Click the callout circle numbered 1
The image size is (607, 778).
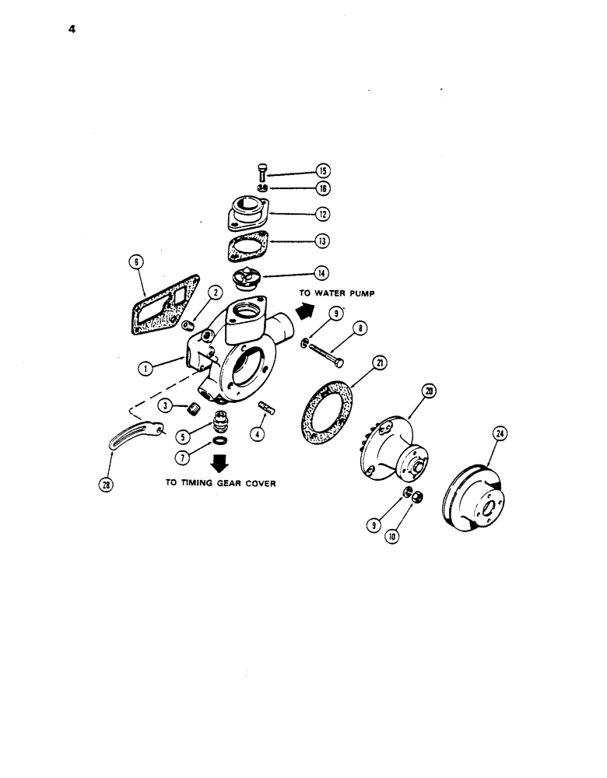pos(145,369)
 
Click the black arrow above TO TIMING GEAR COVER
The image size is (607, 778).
pos(220,464)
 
